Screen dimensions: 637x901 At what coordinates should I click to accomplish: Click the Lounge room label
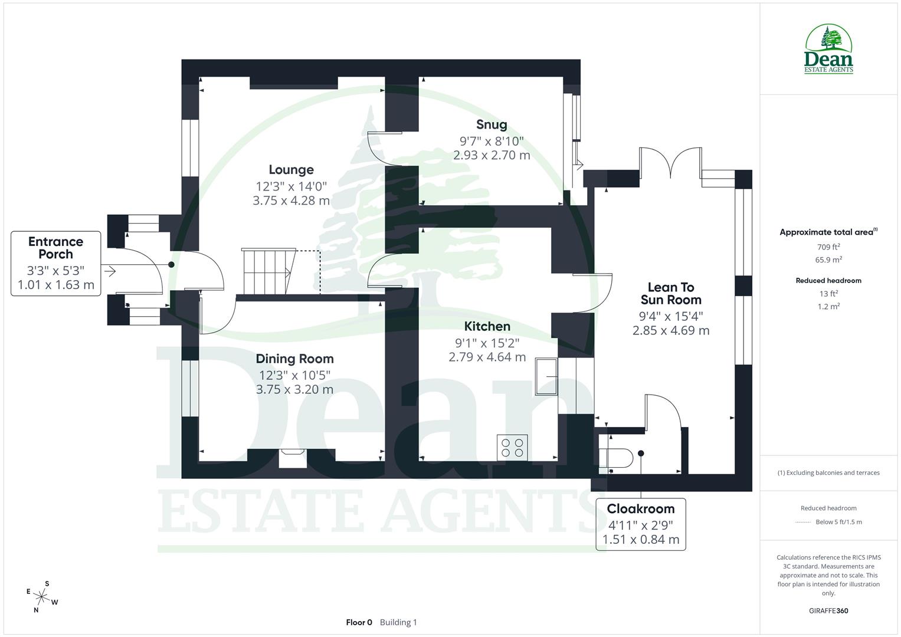(x=291, y=170)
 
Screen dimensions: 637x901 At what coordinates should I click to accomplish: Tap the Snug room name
(x=492, y=124)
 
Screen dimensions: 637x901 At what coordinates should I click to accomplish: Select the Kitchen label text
(x=487, y=326)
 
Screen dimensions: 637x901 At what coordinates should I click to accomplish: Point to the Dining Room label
(x=294, y=359)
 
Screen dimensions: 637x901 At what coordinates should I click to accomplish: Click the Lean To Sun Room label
(x=671, y=293)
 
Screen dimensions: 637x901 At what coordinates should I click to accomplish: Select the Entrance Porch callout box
(x=55, y=264)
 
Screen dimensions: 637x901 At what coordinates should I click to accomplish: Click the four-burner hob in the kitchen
(x=512, y=447)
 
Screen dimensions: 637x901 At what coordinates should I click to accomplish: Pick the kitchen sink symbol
(x=546, y=376)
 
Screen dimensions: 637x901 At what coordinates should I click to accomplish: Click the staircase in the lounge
(x=267, y=271)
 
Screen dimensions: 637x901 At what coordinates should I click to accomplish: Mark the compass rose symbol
(x=42, y=596)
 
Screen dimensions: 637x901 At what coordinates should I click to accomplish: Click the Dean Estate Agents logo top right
(x=829, y=50)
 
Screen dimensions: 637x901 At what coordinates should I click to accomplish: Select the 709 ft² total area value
(x=828, y=247)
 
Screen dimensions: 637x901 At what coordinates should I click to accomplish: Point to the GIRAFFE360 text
(x=828, y=611)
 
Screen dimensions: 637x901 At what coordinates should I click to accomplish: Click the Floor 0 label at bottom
(x=359, y=622)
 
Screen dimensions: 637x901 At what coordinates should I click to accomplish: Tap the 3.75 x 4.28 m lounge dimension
(x=291, y=201)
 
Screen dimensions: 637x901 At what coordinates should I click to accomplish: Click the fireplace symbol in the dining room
(x=292, y=456)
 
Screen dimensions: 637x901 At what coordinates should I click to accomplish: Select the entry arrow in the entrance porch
(x=109, y=271)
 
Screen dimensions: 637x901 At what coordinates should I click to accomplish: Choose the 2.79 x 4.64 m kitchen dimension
(x=487, y=357)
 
